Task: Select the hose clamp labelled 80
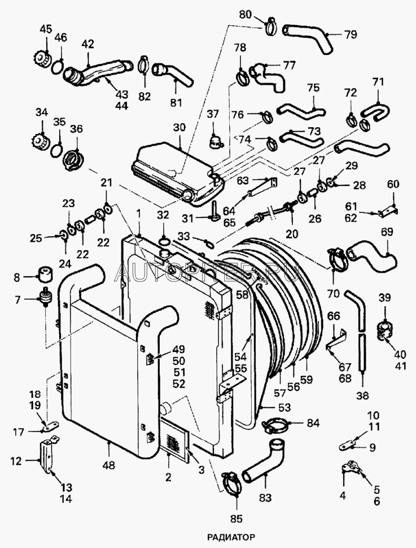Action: point(270,26)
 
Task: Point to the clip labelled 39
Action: point(384,330)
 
